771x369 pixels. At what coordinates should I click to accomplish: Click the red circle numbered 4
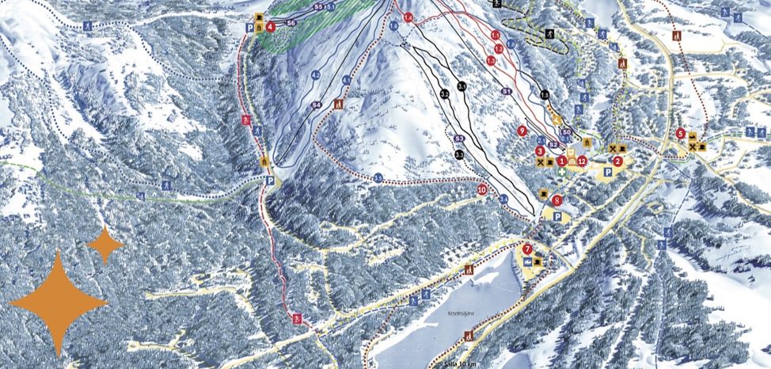pos(271,26)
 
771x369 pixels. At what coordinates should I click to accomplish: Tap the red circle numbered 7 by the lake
pos(528,249)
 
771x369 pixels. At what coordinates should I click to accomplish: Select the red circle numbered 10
pos(483,190)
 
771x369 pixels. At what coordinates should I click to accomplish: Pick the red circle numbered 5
pos(682,133)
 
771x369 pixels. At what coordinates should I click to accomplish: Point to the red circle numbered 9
pos(522,130)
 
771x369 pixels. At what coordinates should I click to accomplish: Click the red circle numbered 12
pos(582,161)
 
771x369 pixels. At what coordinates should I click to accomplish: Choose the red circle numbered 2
pos(618,161)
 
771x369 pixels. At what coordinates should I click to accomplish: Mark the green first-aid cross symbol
pos(562,171)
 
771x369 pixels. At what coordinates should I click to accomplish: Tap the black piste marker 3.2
pos(445,94)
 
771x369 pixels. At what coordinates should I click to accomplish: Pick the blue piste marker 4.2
pos(315,75)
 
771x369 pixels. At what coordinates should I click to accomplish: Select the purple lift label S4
pos(315,105)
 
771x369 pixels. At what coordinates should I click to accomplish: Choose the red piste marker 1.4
pos(408,17)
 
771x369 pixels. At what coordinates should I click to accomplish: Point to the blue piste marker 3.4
pos(503,199)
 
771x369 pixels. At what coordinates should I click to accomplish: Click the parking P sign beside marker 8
pos(558,215)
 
